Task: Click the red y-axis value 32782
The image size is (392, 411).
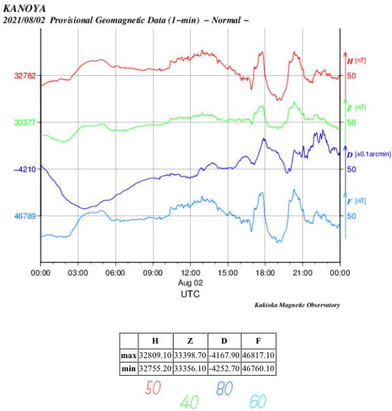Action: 25,76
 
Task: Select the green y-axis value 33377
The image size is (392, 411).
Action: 25,122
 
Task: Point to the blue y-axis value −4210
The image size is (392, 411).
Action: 25,169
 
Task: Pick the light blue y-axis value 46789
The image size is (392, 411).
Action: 25,216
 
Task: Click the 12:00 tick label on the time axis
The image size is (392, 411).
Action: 190,272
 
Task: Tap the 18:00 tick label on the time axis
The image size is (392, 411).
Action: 265,272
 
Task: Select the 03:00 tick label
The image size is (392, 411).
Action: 78,272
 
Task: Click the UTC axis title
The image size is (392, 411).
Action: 190,294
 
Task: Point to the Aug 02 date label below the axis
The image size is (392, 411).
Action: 190,282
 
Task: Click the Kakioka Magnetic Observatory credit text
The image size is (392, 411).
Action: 297,305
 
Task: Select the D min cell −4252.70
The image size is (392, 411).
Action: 223,369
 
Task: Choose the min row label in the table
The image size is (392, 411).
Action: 129,369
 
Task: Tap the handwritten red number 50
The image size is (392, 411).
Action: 154,388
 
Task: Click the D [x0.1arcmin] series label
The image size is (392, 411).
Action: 368,155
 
